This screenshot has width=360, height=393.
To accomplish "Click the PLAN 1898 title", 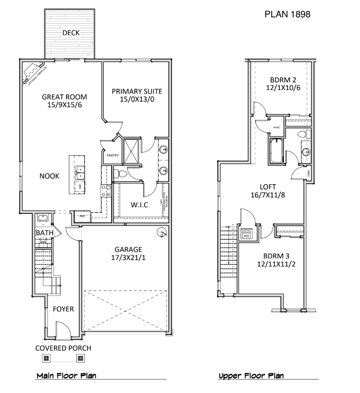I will [x=287, y=15].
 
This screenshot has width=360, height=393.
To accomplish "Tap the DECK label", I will [x=71, y=33].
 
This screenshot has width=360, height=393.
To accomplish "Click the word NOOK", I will [x=49, y=176].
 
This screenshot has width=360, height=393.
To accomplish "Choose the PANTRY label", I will [x=113, y=155].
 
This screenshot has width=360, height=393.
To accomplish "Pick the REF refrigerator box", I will [x=82, y=216].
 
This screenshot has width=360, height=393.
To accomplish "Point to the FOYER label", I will [x=63, y=309].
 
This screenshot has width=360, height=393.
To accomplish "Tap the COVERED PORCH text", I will [x=63, y=348].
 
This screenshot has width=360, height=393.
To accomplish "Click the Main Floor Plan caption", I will [x=66, y=376].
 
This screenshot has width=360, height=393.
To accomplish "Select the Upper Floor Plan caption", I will [x=251, y=376].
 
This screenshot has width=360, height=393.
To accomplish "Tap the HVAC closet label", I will [x=276, y=127].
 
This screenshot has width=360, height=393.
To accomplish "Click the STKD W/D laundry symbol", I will [x=247, y=234].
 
